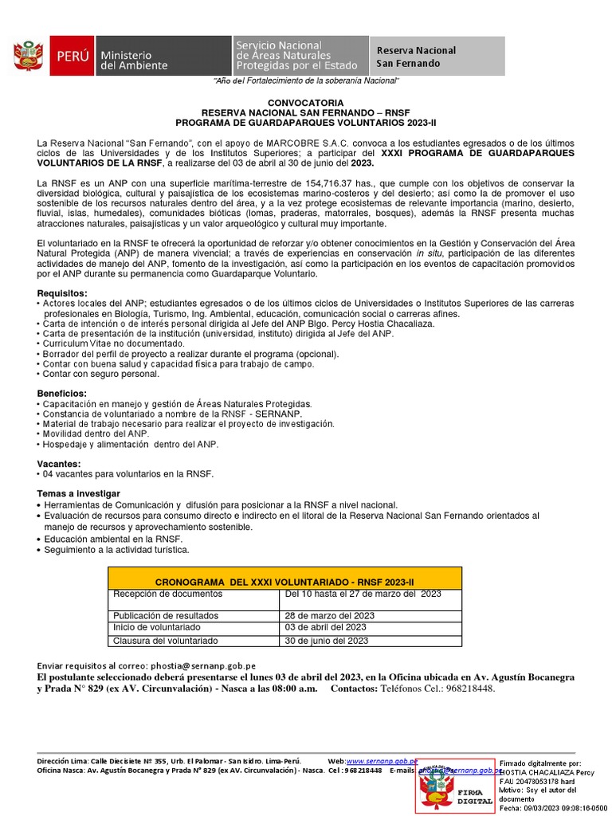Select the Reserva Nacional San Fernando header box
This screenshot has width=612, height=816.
pyautogui.click(x=437, y=57)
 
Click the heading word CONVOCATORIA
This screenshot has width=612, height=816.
pyautogui.click(x=305, y=103)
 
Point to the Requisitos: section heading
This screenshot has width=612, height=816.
pyautogui.click(x=62, y=293)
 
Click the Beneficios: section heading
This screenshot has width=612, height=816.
pyautogui.click(x=61, y=394)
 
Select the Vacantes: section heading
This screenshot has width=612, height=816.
pyautogui.click(x=59, y=464)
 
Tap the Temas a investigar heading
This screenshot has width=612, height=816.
pyautogui.click(x=78, y=494)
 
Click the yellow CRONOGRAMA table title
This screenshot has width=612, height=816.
pyautogui.click(x=284, y=583)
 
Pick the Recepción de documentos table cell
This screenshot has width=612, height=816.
pyautogui.click(x=167, y=594)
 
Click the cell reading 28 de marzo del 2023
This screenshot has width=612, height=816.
pyautogui.click(x=326, y=616)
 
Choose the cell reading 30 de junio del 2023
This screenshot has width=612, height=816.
pyautogui.click(x=326, y=641)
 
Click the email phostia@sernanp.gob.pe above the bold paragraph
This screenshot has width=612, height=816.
pyautogui.click(x=207, y=666)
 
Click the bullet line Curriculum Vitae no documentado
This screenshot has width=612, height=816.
pyautogui.click(x=116, y=343)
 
